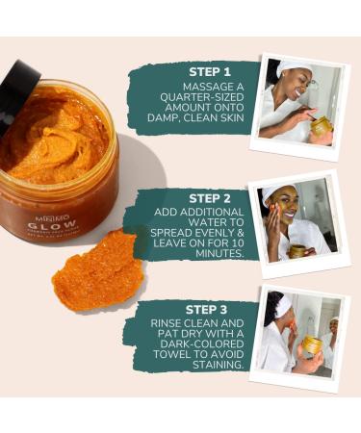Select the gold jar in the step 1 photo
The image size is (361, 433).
click(320, 126)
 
